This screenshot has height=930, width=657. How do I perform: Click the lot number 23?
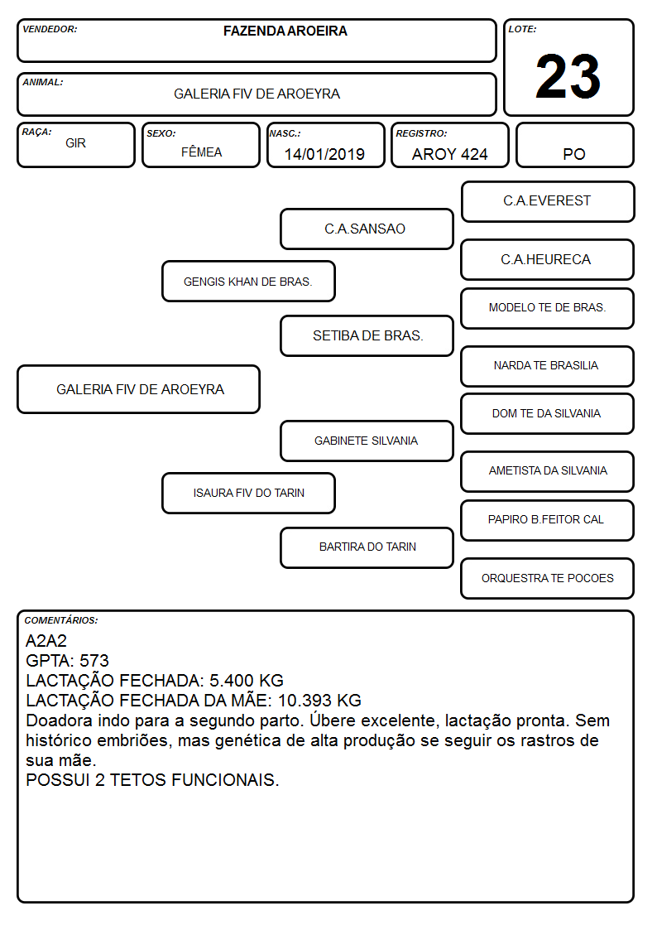568,76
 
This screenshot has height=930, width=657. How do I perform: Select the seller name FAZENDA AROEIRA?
285,31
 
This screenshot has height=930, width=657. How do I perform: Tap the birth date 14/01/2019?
324,154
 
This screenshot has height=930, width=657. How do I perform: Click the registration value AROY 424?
449,154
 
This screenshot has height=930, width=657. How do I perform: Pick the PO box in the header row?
574,145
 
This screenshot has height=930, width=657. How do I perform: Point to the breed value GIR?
75,143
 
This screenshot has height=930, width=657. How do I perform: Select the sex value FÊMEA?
201,152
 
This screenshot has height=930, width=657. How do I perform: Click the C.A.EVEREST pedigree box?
548,202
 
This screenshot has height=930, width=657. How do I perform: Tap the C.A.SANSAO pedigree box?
367,229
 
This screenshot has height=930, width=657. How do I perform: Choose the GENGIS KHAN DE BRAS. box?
248,281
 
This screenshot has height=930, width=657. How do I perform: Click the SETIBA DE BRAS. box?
367,335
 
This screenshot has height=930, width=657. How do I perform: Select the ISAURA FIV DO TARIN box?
248,493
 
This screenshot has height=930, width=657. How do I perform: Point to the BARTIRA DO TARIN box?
367,547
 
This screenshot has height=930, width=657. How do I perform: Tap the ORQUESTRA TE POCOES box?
548,578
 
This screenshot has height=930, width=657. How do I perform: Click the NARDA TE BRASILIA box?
548,366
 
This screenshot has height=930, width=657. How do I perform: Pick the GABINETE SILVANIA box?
367,441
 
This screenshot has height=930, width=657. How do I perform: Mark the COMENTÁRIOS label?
61,620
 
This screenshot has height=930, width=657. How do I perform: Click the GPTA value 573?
94,661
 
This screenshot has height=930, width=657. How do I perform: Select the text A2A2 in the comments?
46,640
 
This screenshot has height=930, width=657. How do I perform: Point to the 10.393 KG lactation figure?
319,701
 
